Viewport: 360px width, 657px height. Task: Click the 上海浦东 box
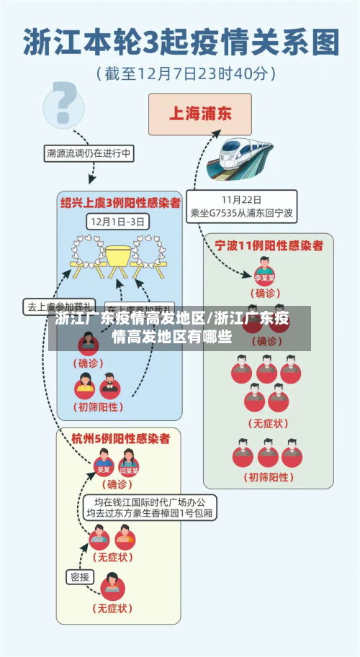(199, 114)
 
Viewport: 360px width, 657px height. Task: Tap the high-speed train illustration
(240, 158)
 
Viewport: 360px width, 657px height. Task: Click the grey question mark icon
(63, 103)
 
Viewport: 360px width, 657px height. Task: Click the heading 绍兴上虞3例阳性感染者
(120, 203)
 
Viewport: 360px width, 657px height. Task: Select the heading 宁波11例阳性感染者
(269, 245)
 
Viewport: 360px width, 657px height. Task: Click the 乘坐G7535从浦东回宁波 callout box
(241, 207)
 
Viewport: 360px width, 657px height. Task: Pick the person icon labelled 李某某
(265, 271)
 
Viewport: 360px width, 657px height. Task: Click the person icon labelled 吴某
(104, 463)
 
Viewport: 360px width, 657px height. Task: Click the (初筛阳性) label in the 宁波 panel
(268, 476)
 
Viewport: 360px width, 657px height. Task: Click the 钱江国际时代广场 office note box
(149, 508)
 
